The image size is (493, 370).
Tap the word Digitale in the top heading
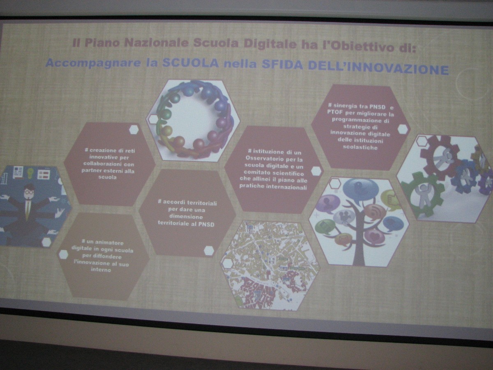point(270,44)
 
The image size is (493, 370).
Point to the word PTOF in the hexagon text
point(334,112)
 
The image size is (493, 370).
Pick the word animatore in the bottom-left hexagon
point(108,243)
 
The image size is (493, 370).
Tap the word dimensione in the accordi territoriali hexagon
point(186,217)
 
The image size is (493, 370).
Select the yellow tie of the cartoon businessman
point(28,209)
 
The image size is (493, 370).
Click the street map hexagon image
point(270,266)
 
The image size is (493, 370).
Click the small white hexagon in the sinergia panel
point(403,129)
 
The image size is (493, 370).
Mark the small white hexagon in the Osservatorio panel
point(316,171)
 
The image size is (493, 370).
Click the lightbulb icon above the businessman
point(30,173)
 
